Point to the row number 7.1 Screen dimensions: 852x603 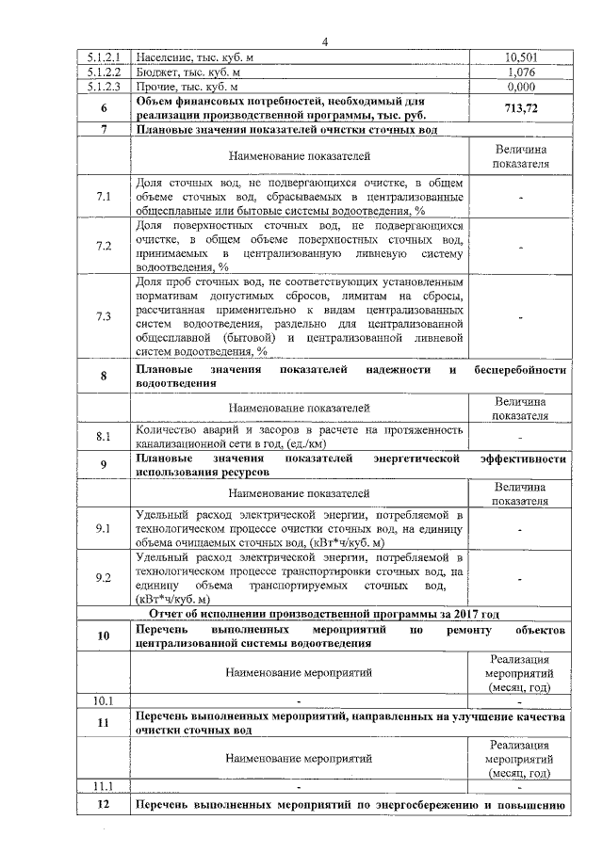click(104, 196)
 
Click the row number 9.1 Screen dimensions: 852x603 click(104, 529)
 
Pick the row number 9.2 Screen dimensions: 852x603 click(104, 578)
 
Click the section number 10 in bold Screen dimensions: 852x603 click(104, 635)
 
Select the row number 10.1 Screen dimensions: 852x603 click(104, 700)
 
